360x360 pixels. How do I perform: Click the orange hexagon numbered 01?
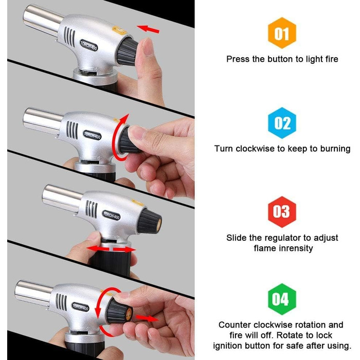pyautogui.click(x=282, y=33)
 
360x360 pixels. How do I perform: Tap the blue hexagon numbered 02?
pyautogui.click(x=282, y=123)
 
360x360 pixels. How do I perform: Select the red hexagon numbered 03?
pyautogui.click(x=282, y=212)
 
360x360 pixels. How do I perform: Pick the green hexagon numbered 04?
pyautogui.click(x=282, y=299)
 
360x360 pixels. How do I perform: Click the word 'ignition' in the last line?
pyautogui.click(x=227, y=346)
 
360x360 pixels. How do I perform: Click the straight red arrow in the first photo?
pyautogui.click(x=148, y=29)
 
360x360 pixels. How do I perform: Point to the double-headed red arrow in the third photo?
pyautogui.click(x=111, y=249)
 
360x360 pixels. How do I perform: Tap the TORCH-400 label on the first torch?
pyautogui.click(x=88, y=45)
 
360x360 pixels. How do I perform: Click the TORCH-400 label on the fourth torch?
pyautogui.click(x=80, y=307)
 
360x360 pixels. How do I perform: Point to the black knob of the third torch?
pyautogui.click(x=149, y=222)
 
